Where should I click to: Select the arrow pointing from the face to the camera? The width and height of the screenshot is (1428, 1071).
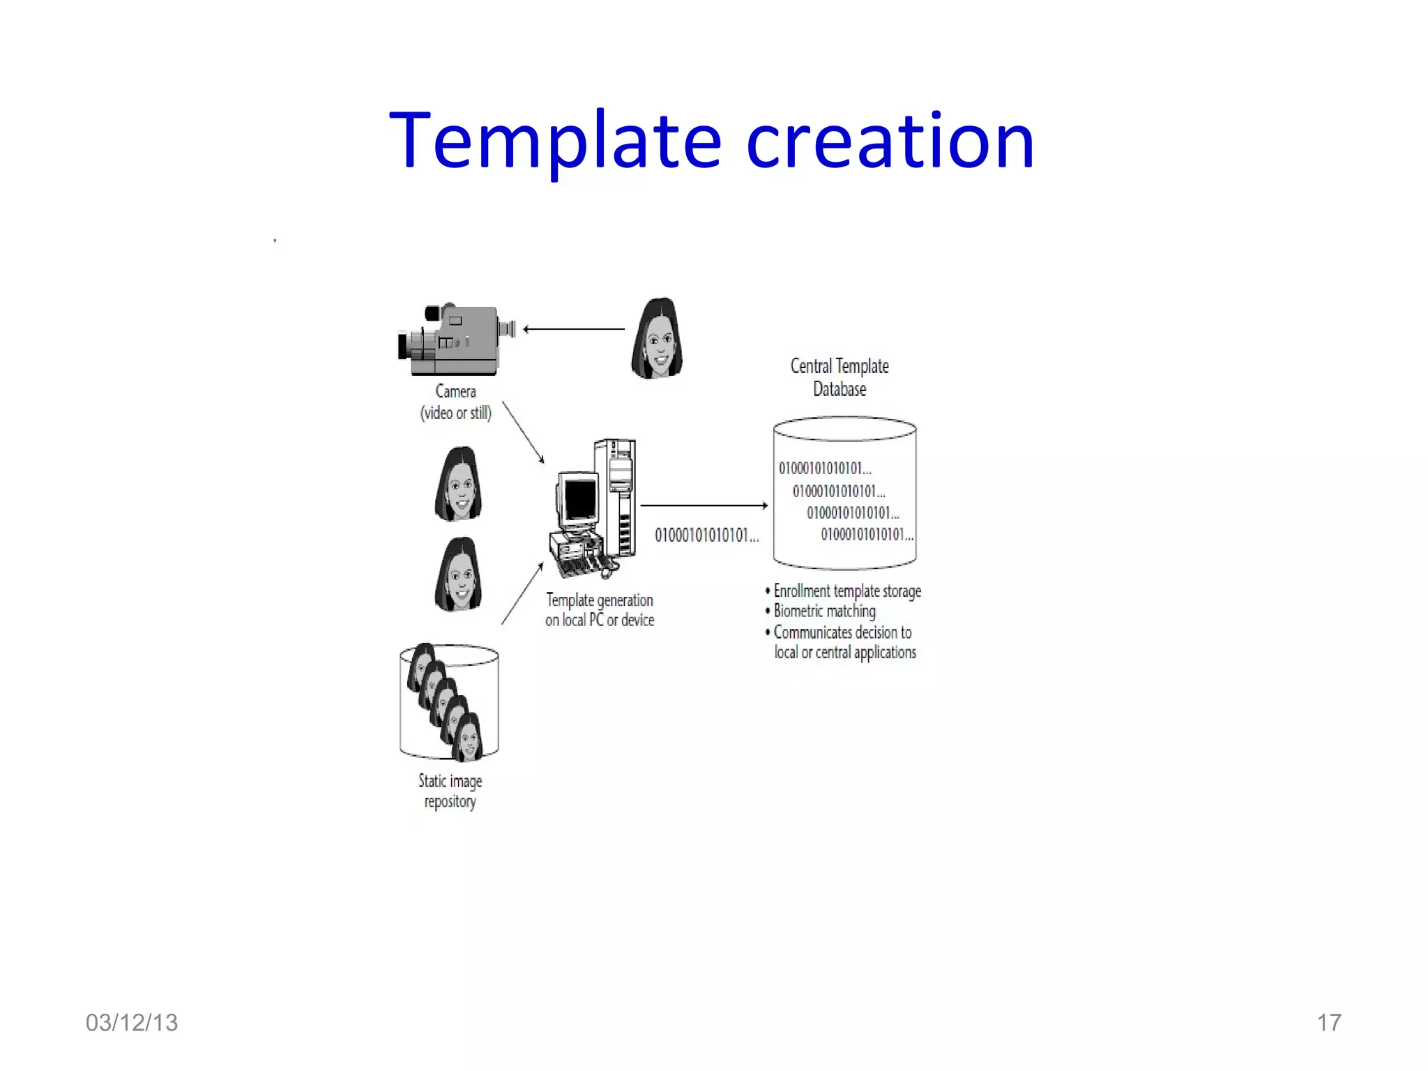pyautogui.click(x=573, y=329)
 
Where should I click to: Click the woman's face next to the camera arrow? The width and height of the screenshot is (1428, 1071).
pyautogui.click(x=657, y=340)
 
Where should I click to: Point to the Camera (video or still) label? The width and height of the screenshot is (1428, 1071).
pyautogui.click(x=455, y=402)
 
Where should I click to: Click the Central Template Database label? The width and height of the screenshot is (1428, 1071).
pyautogui.click(x=840, y=377)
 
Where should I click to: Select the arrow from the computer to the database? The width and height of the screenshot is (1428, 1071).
pyautogui.click(x=703, y=506)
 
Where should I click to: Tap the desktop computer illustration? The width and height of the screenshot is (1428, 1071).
pyautogui.click(x=593, y=510)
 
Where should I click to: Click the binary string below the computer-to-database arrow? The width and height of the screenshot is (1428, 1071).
pyautogui.click(x=706, y=535)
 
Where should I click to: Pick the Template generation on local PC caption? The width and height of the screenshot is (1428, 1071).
pyautogui.click(x=600, y=610)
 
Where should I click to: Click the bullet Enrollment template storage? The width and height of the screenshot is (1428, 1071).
pyautogui.click(x=846, y=591)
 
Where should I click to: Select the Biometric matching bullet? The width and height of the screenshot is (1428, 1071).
pyautogui.click(x=824, y=612)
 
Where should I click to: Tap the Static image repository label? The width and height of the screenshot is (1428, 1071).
pyautogui.click(x=450, y=791)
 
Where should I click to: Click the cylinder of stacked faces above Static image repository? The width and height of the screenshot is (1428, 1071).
pyautogui.click(x=449, y=702)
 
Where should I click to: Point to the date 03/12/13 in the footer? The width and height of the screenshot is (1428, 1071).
pyautogui.click(x=132, y=1023)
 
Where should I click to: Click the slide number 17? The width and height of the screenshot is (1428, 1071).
pyautogui.click(x=1328, y=1023)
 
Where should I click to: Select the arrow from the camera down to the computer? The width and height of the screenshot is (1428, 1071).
pyautogui.click(x=523, y=432)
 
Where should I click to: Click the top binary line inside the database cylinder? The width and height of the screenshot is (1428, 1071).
pyautogui.click(x=825, y=469)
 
